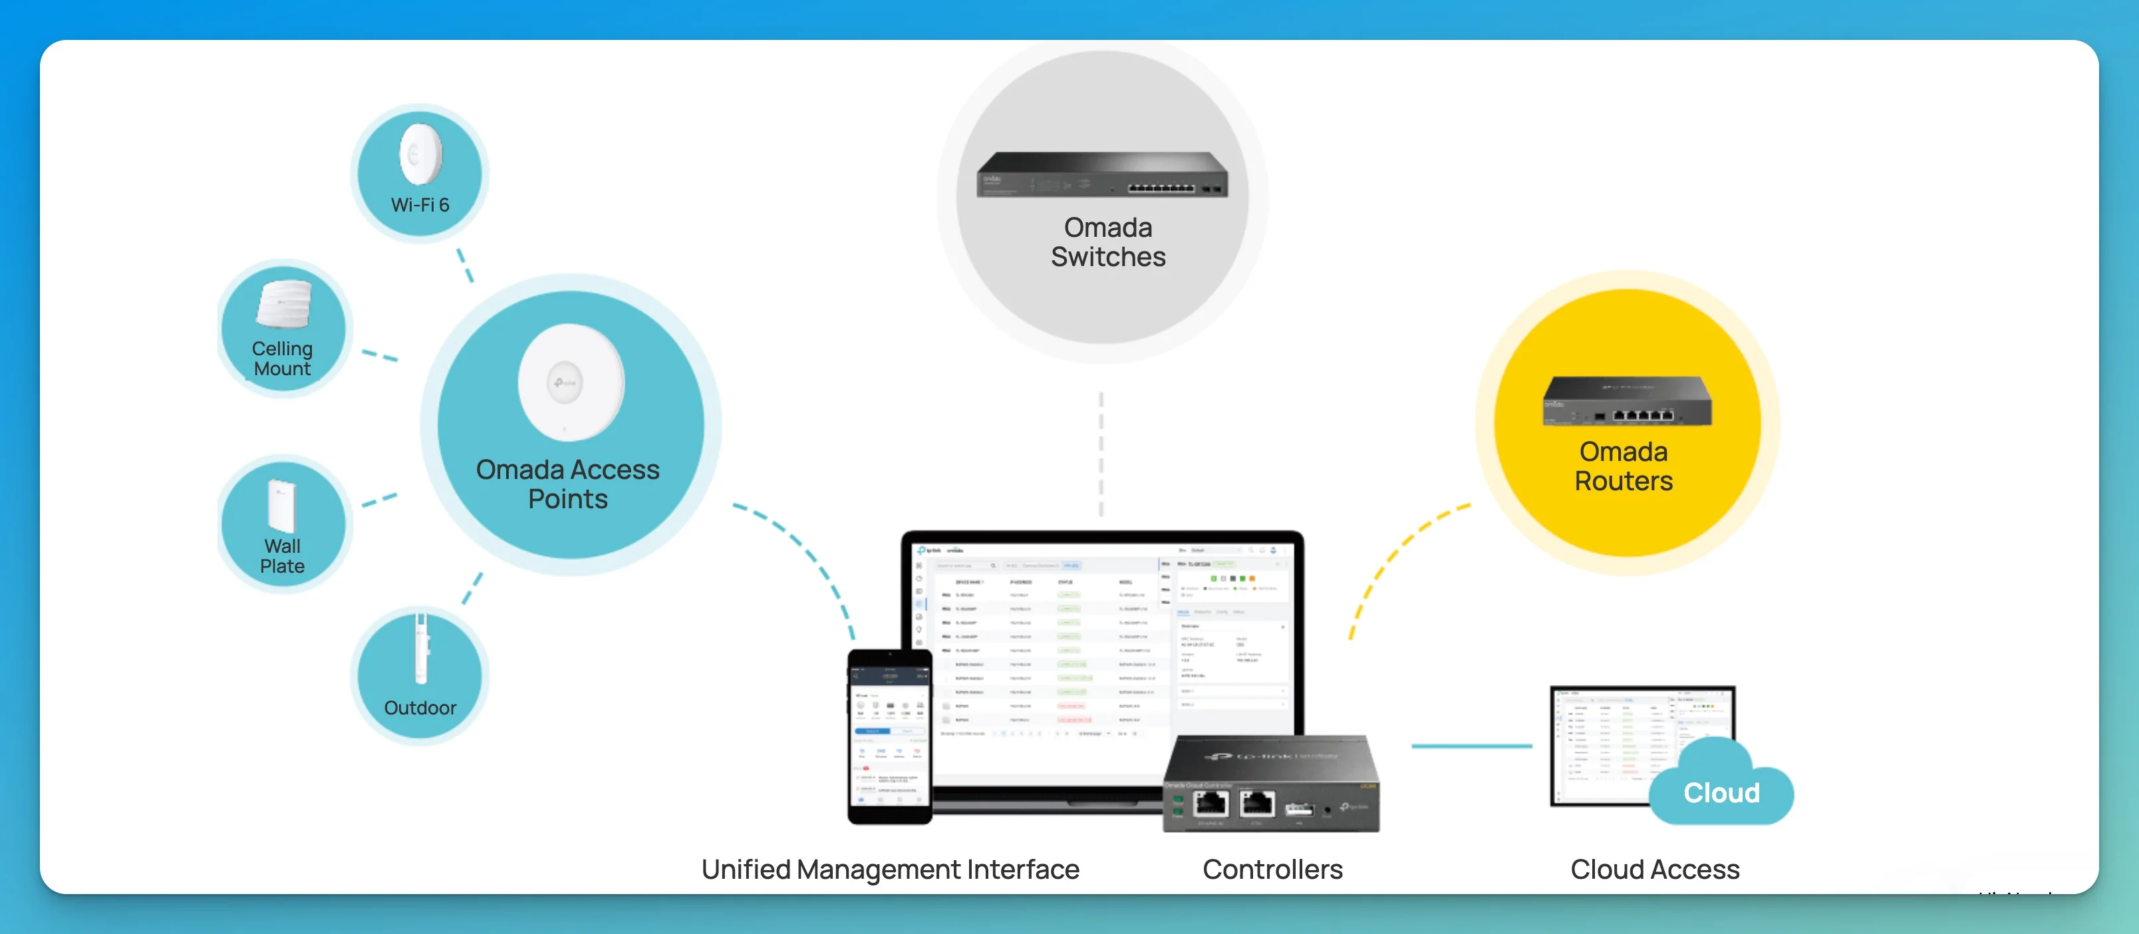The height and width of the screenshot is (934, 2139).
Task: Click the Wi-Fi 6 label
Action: tap(420, 205)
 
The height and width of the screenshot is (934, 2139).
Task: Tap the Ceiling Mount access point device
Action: tap(284, 305)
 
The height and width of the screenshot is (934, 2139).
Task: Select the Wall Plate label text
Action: tap(282, 556)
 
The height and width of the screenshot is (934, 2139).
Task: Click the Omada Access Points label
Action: tap(568, 484)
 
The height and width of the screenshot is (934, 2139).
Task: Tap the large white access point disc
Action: tap(571, 383)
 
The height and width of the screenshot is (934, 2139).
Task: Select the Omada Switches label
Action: tap(1107, 242)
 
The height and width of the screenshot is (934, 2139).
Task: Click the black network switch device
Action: tap(1102, 174)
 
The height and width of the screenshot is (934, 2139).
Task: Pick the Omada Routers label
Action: tap(1624, 466)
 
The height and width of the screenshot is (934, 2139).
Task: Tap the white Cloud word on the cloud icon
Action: tap(1721, 793)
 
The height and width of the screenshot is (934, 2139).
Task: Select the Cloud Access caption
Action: tap(1654, 869)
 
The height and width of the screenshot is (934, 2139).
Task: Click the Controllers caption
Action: tap(1272, 869)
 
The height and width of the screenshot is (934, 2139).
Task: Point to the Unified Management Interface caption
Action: tap(890, 869)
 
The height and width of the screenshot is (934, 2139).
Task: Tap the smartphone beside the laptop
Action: tap(889, 736)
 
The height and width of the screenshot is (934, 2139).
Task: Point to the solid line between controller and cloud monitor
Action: tap(1471, 746)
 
